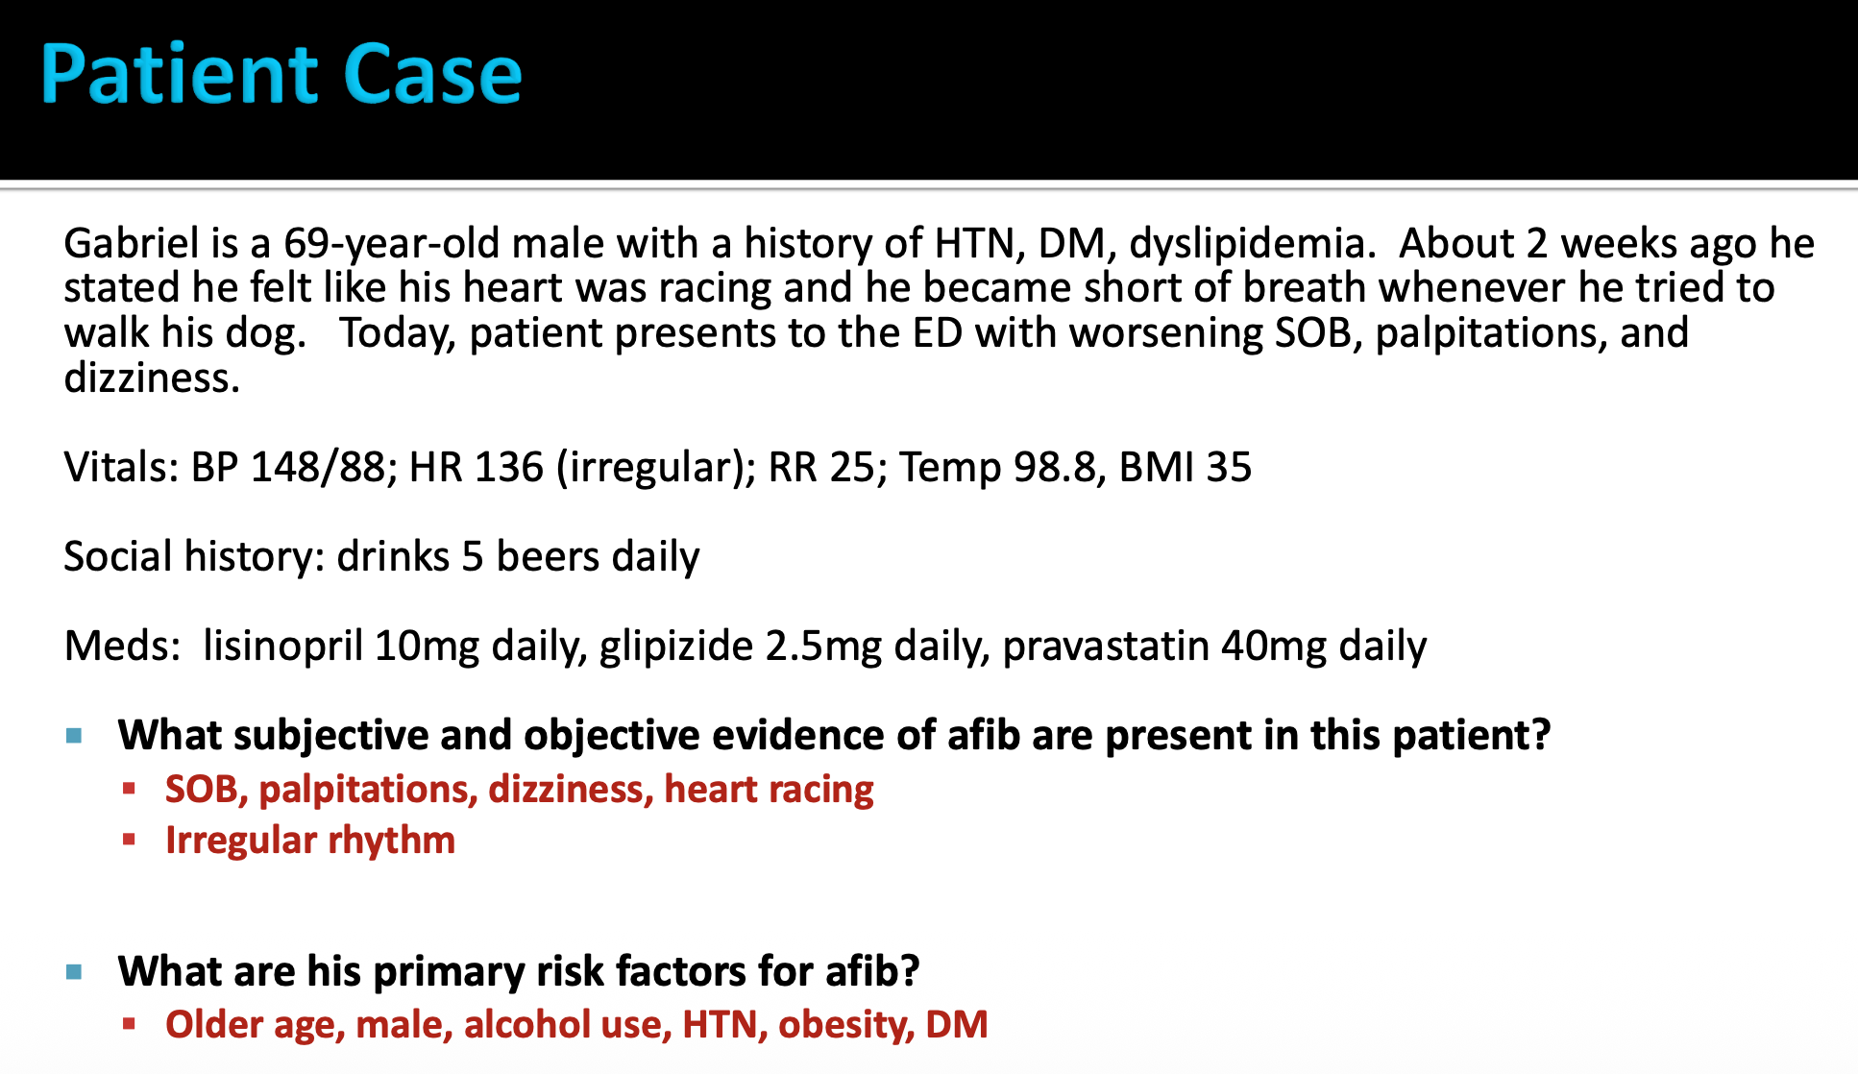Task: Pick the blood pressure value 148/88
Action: [x=316, y=468]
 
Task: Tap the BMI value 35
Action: [x=1229, y=468]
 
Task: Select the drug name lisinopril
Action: [x=282, y=647]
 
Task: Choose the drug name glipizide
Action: [x=676, y=647]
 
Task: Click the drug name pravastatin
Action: [x=1106, y=647]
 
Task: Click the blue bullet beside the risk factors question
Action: [x=74, y=972]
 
